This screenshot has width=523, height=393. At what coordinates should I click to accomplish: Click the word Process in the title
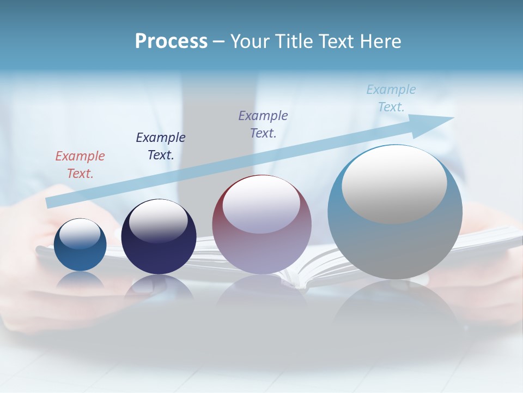click(171, 41)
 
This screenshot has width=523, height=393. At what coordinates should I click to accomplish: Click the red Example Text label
click(80, 164)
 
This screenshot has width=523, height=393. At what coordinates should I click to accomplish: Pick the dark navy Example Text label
click(161, 146)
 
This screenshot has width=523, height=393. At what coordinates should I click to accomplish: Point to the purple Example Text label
click(263, 124)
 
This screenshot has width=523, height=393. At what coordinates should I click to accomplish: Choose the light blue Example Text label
click(391, 98)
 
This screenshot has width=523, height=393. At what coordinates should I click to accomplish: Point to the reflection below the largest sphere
click(395, 306)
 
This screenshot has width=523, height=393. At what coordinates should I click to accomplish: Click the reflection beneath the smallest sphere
click(80, 281)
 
